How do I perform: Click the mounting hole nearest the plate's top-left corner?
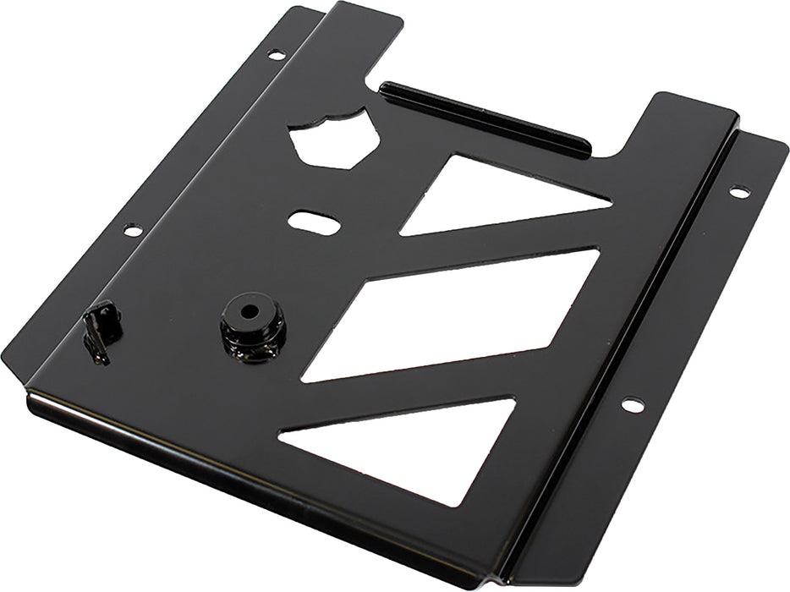point(277,55)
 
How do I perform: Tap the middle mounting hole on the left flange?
point(133,230)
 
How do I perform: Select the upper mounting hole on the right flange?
point(739,192)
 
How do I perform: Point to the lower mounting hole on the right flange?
point(632,405)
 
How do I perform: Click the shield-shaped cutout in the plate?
point(333,140)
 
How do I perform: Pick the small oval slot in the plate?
point(314,222)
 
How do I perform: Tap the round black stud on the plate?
point(252,326)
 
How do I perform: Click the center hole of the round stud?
point(250,310)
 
